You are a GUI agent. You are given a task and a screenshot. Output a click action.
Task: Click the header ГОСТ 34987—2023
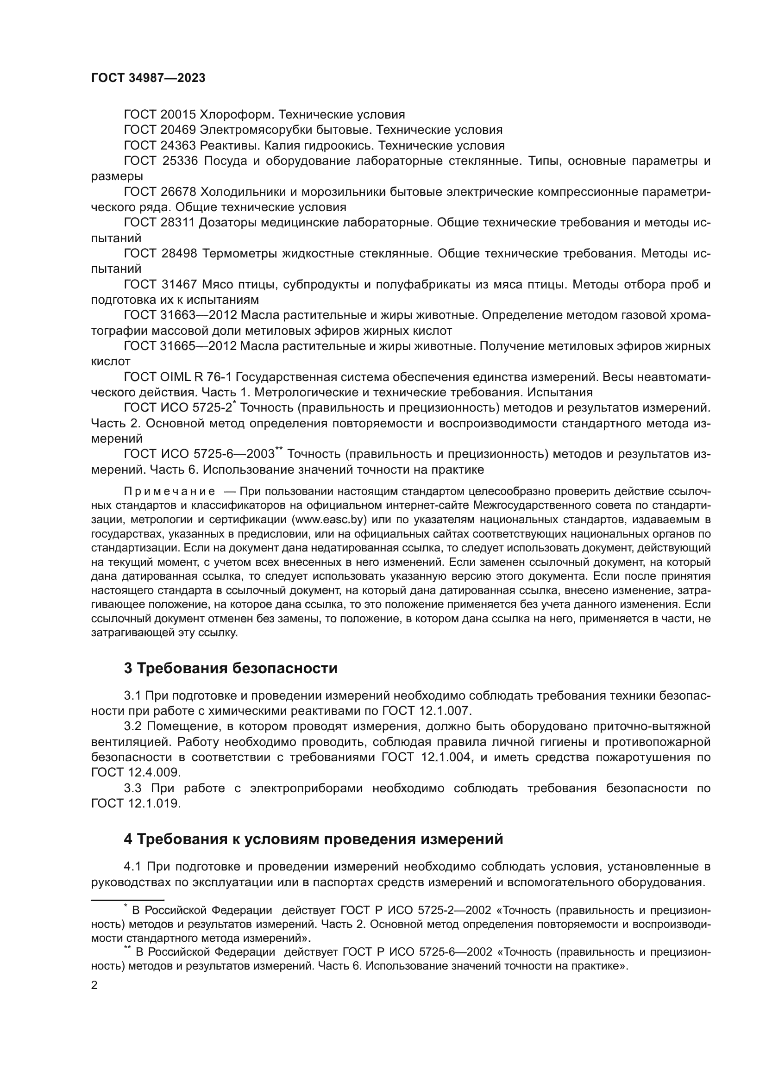point(148,78)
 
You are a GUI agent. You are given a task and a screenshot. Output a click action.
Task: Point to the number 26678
point(178,192)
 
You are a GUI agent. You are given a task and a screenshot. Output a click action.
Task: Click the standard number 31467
point(178,284)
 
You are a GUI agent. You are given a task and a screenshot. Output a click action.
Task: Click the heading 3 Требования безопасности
point(231,669)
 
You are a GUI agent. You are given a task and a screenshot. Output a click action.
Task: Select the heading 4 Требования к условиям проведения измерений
point(313,839)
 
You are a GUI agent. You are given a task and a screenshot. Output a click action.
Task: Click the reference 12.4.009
point(154,772)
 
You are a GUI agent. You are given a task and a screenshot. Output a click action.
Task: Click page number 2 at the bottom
point(94,985)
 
